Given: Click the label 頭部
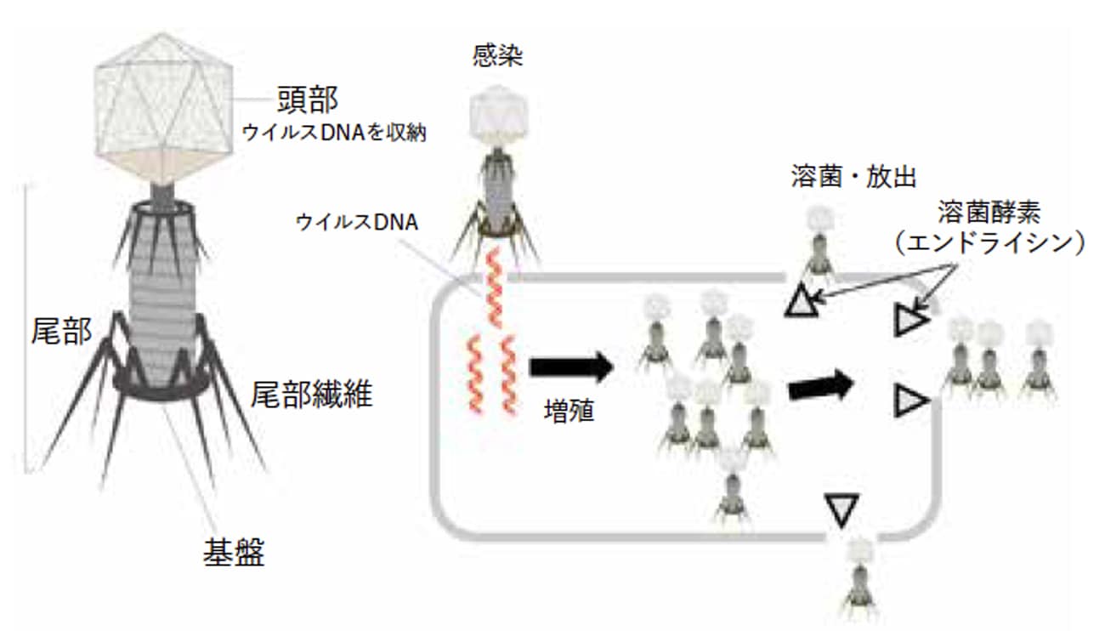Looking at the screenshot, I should coord(308,99).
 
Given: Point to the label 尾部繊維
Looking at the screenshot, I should coord(311,393).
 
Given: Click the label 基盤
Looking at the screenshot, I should coord(233,553).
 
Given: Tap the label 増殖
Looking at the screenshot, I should coord(569,412).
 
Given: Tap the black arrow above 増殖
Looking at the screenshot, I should coord(570,367).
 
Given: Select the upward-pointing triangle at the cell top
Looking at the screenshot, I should coord(801,302).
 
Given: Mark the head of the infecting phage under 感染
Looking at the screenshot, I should coord(498,114).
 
